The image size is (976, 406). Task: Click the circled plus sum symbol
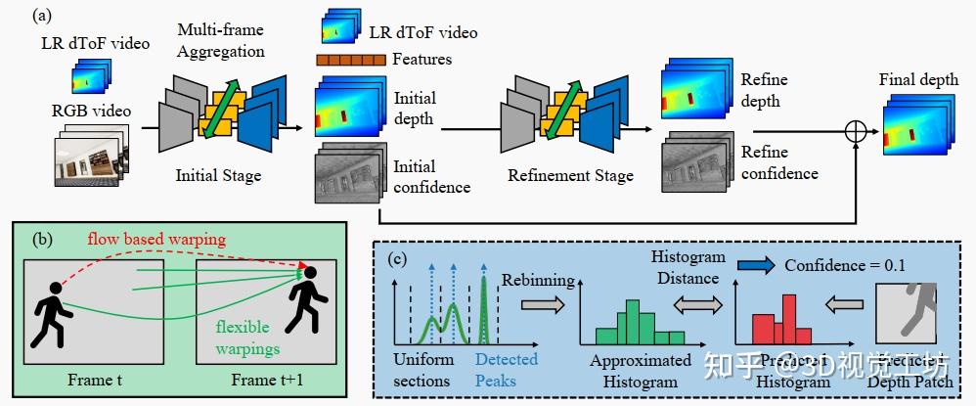pos(857,131)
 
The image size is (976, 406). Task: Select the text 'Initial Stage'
pos(218,176)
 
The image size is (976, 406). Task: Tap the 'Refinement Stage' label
pos(570,176)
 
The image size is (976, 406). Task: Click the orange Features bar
pos(350,61)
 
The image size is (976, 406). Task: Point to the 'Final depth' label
pos(917,79)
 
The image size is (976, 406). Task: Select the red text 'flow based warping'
pos(155,239)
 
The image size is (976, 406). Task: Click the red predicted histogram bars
pos(775,318)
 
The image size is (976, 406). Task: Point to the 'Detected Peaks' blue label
pos(507,369)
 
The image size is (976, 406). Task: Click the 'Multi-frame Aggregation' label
pos(222,40)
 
